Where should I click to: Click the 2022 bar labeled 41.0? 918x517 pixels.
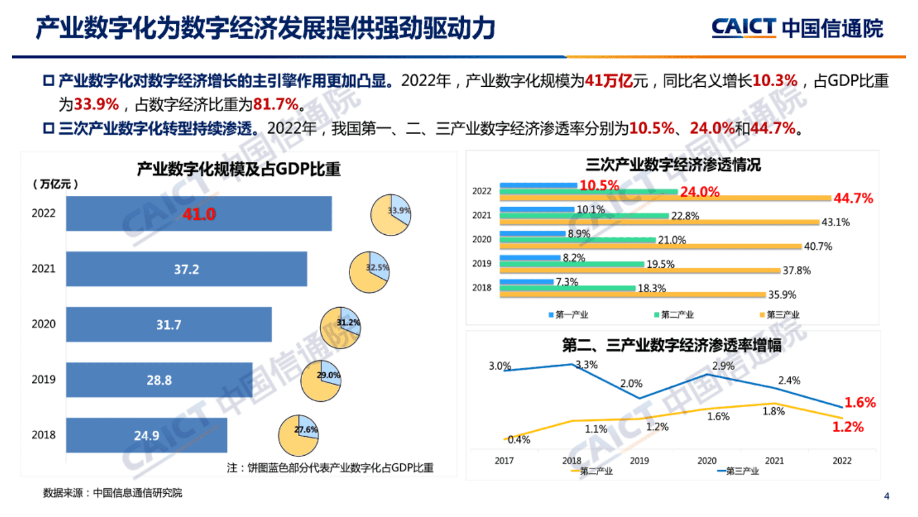click(198, 214)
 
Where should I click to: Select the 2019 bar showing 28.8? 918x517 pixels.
click(159, 380)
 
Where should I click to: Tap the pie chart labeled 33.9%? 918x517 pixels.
click(390, 215)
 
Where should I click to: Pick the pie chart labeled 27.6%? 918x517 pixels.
click(298, 435)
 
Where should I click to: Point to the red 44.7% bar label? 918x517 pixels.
click(853, 198)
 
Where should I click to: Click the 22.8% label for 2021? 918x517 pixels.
click(685, 216)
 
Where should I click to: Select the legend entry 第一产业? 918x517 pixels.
click(568, 315)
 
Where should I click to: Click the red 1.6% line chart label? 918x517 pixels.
click(860, 402)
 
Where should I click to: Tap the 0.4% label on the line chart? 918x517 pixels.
click(518, 440)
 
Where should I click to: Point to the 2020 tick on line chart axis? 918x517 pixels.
click(707, 460)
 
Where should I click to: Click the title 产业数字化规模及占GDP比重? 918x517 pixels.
click(238, 169)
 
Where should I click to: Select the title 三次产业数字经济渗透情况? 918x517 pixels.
click(673, 165)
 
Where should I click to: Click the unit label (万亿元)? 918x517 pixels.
click(56, 184)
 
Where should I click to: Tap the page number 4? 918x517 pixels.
click(886, 496)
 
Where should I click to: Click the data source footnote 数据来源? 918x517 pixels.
click(113, 493)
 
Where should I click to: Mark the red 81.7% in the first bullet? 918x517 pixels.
click(275, 104)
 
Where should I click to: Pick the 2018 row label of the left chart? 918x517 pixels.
click(43, 435)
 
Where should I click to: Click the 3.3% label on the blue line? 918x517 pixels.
click(587, 364)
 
